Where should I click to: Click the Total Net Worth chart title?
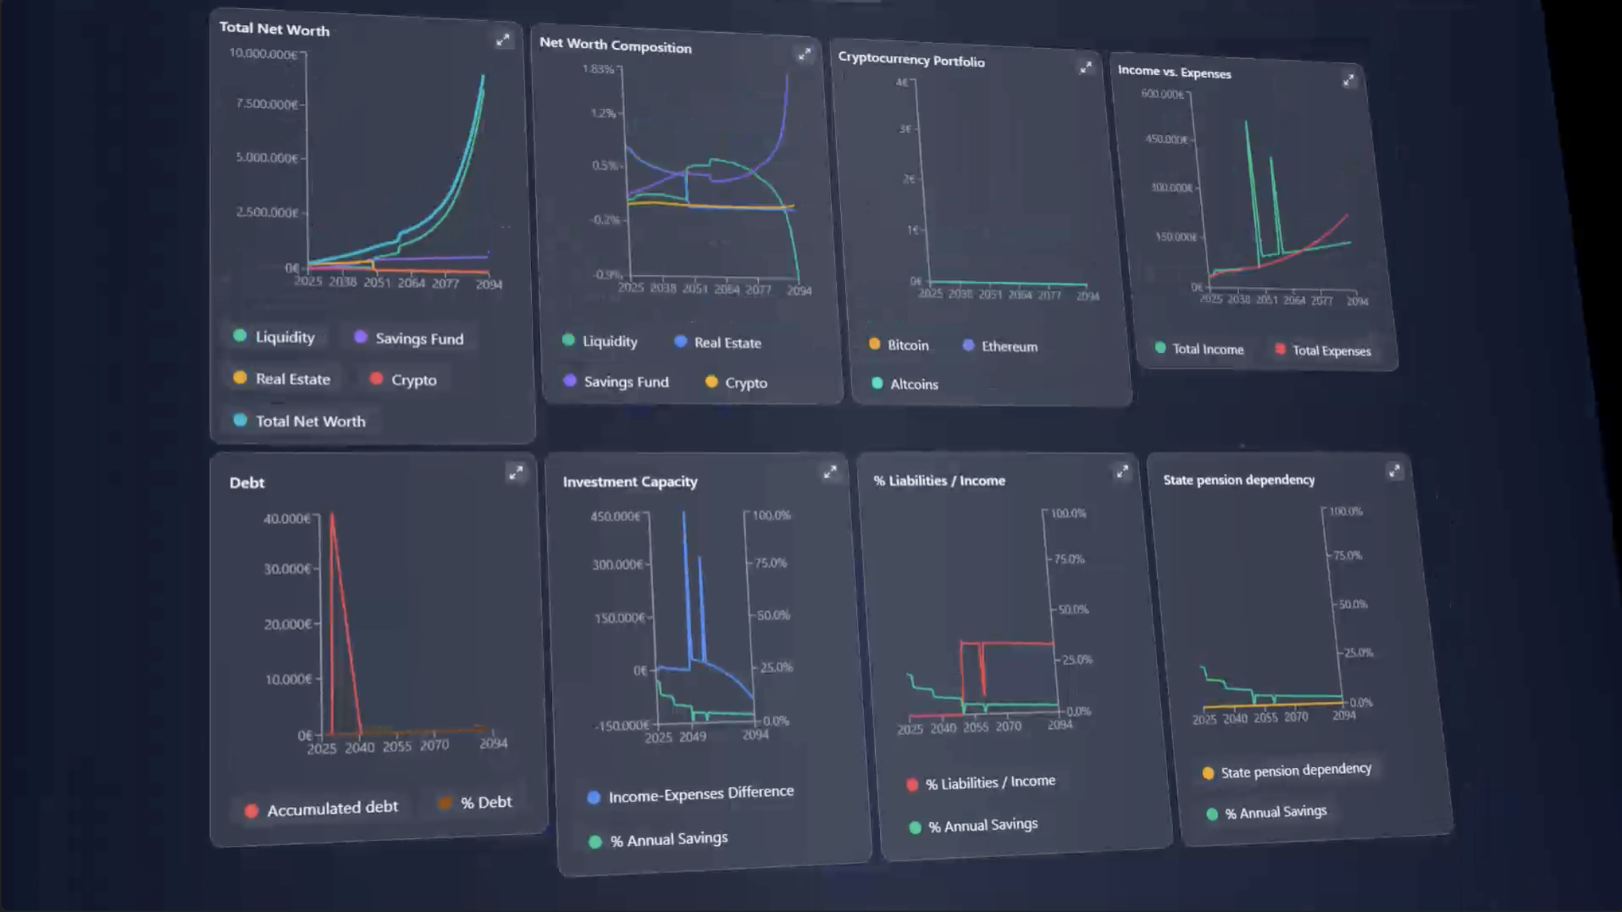click(274, 29)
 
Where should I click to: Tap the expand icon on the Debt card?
click(516, 473)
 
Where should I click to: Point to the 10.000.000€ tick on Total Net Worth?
click(263, 54)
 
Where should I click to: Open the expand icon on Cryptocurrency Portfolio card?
click(1085, 68)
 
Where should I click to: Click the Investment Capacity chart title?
click(630, 481)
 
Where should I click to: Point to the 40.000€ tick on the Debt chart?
click(287, 518)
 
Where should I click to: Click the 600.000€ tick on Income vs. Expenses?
click(1162, 94)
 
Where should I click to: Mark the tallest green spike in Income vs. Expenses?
click(1246, 123)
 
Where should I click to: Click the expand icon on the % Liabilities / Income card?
click(1122, 472)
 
